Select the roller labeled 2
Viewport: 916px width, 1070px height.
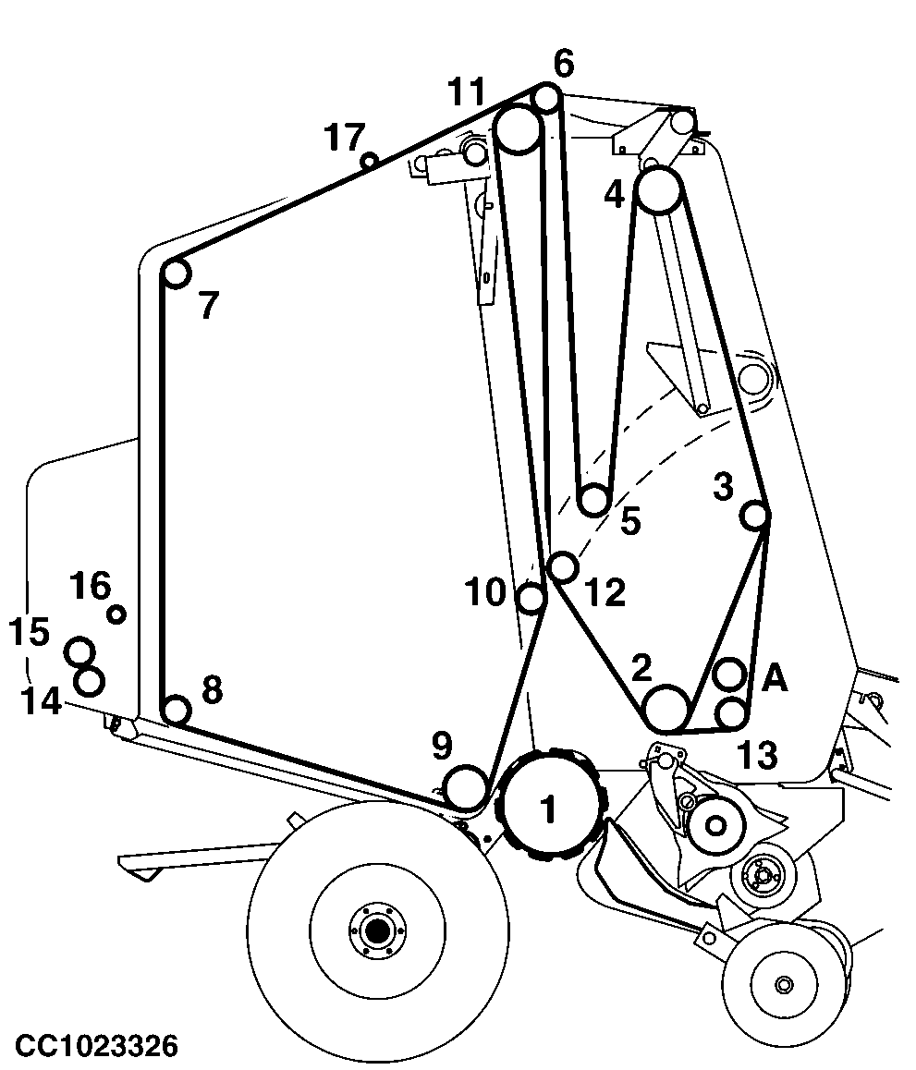666,709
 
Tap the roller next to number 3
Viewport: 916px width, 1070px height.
755,516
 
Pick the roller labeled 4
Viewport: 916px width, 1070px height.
659,190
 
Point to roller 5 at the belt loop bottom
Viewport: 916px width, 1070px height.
593,500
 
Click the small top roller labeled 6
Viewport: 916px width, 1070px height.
546,98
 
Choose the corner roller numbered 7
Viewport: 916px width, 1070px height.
177,274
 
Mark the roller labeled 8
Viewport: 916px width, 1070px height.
177,711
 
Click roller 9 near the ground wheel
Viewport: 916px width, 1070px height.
466,786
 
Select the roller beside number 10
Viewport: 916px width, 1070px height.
531,599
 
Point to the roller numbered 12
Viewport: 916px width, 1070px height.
563,566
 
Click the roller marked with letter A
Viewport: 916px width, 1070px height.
729,675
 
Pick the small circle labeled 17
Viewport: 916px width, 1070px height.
370,162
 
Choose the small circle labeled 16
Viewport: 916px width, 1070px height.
116,614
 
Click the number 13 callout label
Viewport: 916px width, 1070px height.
758,756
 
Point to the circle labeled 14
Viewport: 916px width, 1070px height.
89,681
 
